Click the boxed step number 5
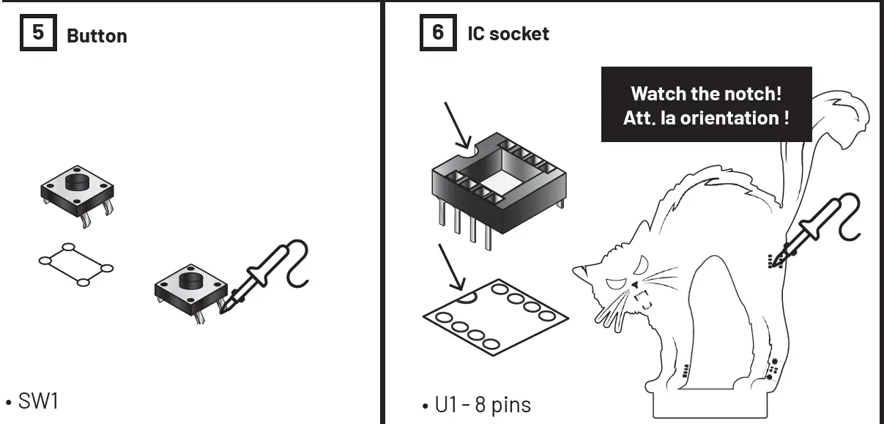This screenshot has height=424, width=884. click(x=37, y=34)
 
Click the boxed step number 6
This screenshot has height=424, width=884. click(x=438, y=34)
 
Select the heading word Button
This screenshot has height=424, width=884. click(x=97, y=36)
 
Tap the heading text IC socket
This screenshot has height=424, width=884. click(x=508, y=34)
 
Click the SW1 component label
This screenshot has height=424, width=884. click(x=37, y=403)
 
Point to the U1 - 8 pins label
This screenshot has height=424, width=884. click(x=483, y=404)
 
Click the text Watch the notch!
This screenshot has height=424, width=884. click(x=706, y=94)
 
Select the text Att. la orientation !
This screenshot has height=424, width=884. click(x=706, y=117)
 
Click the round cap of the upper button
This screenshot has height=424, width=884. click(x=75, y=181)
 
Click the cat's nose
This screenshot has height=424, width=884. click(x=634, y=283)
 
